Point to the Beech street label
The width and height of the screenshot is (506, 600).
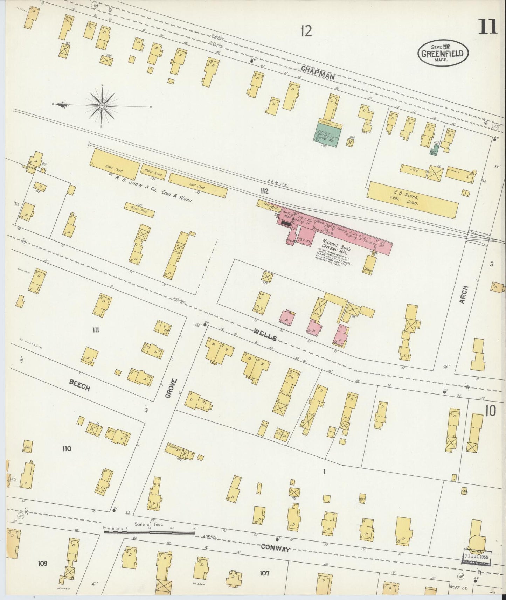(x=79, y=386)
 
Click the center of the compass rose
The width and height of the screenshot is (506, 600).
(x=102, y=105)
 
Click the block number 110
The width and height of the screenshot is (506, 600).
(x=67, y=449)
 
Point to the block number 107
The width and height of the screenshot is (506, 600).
(x=265, y=573)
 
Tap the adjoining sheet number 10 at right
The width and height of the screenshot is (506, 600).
(x=490, y=412)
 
